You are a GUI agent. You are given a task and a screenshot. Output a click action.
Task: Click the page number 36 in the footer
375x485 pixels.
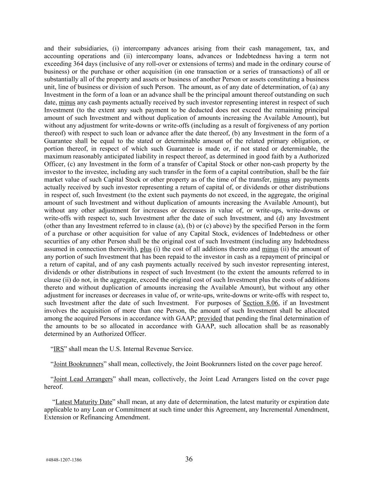[189, 459]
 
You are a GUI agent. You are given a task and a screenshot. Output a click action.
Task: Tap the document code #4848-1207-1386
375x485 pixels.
[64, 460]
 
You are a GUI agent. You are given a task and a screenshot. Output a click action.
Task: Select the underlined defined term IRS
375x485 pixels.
[59, 349]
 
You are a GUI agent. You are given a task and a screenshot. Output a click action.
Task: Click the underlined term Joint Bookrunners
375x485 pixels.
[78, 364]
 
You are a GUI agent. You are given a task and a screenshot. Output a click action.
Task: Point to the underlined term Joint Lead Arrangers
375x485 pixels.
[83, 379]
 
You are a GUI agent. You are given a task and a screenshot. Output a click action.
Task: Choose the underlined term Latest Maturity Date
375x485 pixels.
[84, 402]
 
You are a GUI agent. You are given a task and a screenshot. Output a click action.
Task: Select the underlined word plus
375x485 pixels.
[146, 249]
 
